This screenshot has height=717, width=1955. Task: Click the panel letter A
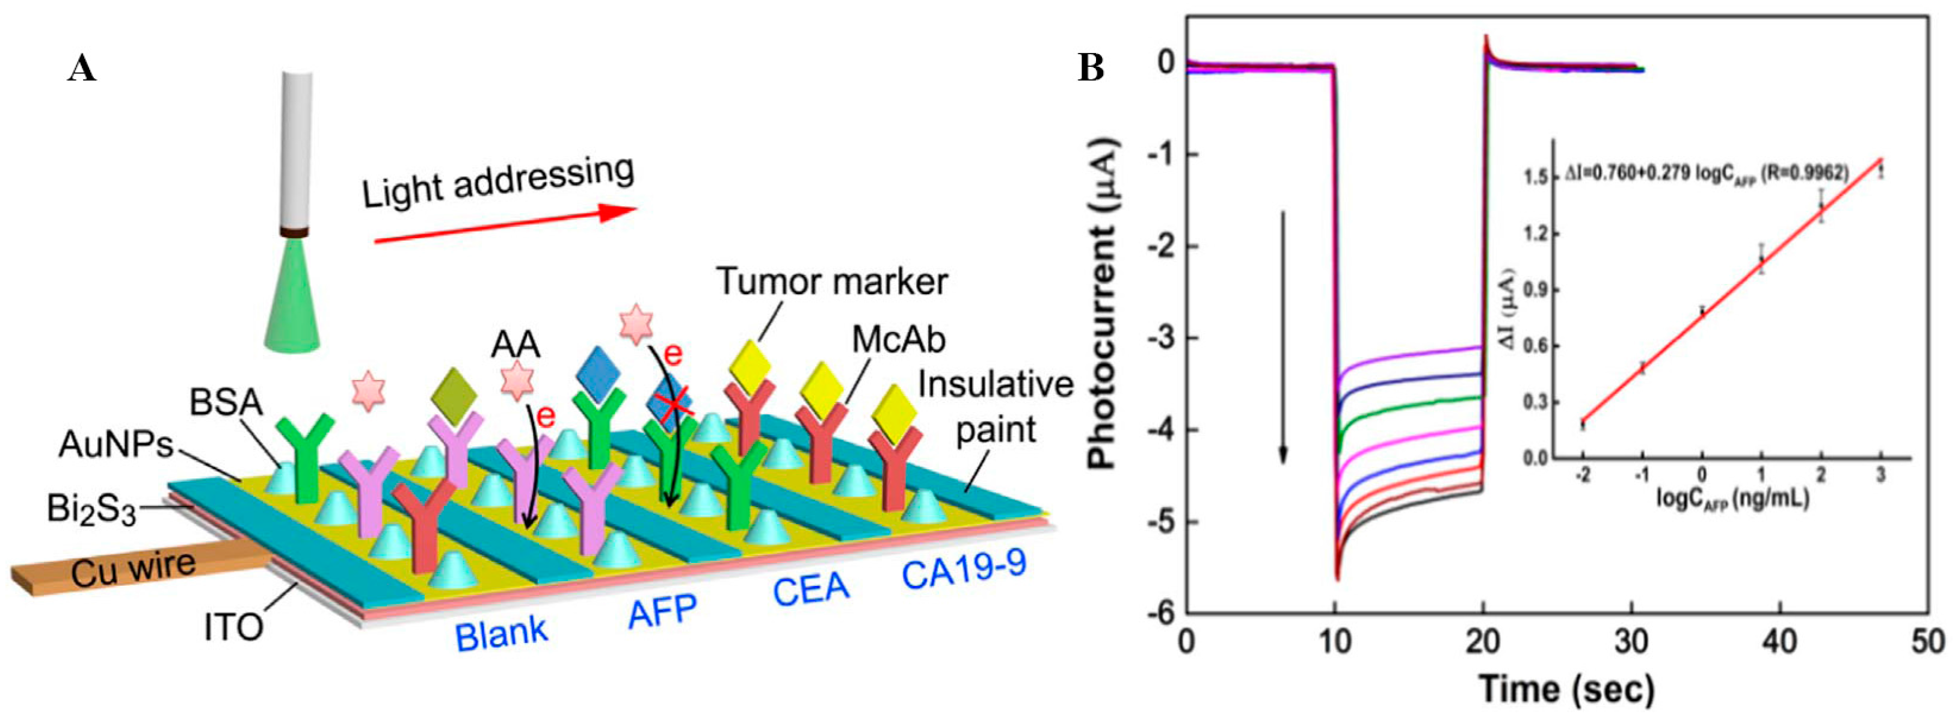point(82,70)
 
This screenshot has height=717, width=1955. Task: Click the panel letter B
point(1091,70)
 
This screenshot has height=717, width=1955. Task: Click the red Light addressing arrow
point(504,226)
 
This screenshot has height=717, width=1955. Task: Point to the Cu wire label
point(134,569)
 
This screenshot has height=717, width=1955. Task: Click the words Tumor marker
point(832,282)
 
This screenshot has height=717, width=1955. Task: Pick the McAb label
point(899,340)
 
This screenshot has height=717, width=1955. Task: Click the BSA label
point(226,402)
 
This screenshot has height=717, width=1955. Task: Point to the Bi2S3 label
point(91,511)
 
